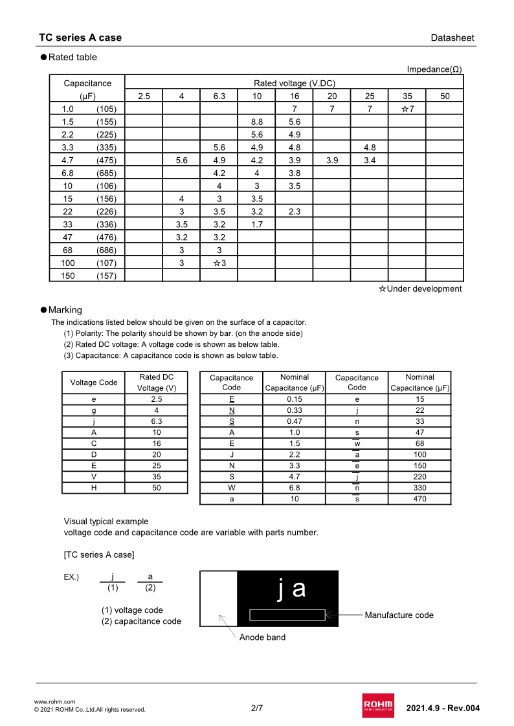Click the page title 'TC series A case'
click(x=80, y=38)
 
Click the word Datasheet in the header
click(x=452, y=38)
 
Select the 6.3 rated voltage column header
click(x=219, y=96)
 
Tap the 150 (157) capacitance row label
click(x=87, y=276)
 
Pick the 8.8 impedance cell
click(x=256, y=122)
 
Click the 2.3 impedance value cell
click(x=294, y=212)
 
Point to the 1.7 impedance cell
click(x=256, y=225)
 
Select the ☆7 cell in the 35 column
click(x=407, y=109)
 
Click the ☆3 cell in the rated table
click(x=219, y=263)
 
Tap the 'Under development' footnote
click(x=421, y=289)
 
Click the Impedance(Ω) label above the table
click(x=434, y=69)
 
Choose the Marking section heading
click(x=65, y=310)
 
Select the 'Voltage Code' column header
click(x=94, y=382)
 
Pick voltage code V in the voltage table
click(x=94, y=477)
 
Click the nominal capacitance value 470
click(x=419, y=499)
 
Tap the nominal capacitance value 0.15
click(x=295, y=399)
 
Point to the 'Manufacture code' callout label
click(x=399, y=615)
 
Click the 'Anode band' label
click(x=262, y=637)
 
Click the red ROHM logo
click(x=378, y=705)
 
